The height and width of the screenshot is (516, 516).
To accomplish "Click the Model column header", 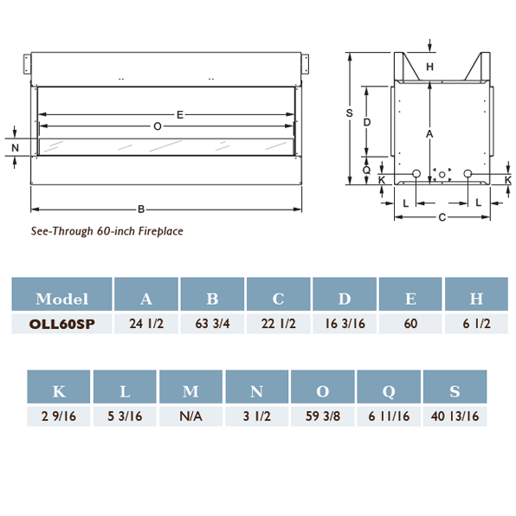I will coord(61,299).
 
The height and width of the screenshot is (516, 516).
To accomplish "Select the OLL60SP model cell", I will coord(61,323).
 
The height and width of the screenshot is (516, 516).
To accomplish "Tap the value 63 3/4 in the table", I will coord(212,323).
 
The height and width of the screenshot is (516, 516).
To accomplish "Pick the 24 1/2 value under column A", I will coord(146,323).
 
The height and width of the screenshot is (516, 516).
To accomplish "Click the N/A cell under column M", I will coord(190,416).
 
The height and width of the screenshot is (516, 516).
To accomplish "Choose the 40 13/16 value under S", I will coord(455,416).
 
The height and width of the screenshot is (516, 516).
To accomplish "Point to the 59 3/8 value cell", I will coord(322,416).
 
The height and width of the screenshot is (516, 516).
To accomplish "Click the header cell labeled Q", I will coord(389,391).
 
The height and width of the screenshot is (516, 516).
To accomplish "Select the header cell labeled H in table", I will coord(476,299).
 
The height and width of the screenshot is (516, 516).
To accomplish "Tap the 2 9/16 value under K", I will coord(59,416).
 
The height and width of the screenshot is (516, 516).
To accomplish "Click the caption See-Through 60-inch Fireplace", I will coord(107,231).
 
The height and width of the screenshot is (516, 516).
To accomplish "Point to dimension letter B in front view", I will coord(141,209).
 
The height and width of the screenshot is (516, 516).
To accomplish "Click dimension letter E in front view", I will coord(179,113).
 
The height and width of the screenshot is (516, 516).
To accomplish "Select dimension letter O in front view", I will coord(157,126).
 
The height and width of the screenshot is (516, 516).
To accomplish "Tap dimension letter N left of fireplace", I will coord(15,148).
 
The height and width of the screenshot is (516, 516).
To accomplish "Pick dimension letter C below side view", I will coord(442,217).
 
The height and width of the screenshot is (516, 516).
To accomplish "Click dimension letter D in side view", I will coord(367,122).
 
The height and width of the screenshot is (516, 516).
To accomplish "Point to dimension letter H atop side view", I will coord(430,67).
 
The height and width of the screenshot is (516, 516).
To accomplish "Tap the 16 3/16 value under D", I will coord(345,323).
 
